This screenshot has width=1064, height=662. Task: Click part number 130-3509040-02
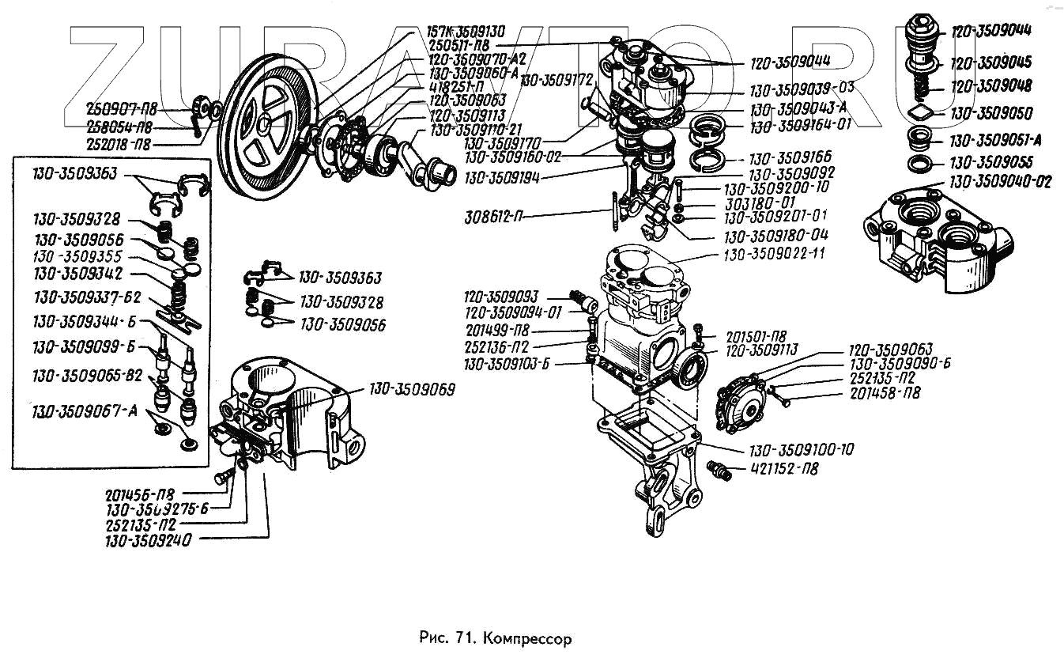tap(1001, 182)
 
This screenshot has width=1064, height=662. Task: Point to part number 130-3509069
tap(412, 390)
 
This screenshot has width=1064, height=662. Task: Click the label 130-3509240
tap(153, 542)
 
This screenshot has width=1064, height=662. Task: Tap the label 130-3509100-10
tap(802, 449)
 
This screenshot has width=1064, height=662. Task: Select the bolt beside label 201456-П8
tap(223, 476)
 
